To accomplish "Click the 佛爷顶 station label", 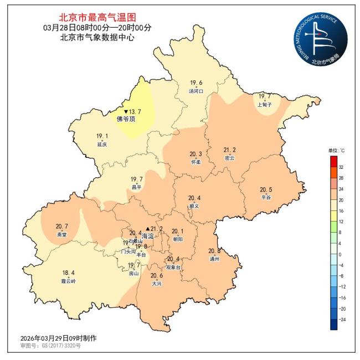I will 126,119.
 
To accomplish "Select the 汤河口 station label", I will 196,91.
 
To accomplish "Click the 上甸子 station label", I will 265,104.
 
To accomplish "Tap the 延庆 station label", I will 101,144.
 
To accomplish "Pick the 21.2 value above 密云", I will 229,150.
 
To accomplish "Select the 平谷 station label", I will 266,197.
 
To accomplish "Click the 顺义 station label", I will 194,205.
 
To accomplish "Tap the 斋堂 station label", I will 61,234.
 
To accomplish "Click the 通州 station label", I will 214,259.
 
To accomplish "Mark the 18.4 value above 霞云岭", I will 69,272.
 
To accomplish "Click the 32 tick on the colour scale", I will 341,167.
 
